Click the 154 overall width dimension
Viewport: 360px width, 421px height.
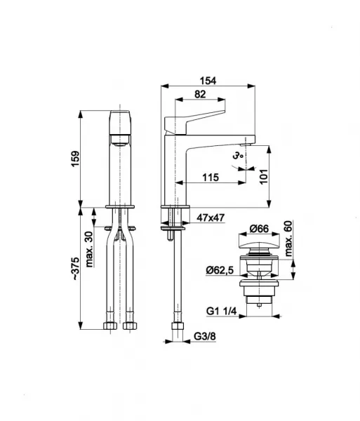coord(208,81)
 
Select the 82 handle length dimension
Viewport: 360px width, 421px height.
coord(200,94)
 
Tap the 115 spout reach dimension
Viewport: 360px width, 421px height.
coord(211,178)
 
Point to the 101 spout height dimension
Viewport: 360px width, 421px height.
coord(264,176)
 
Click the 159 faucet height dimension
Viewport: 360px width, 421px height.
coord(75,159)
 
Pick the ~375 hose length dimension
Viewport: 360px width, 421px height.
coord(75,269)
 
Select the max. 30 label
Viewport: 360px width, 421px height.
coord(89,249)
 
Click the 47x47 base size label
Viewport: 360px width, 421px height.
coord(211,218)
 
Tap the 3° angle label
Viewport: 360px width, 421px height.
coord(238,156)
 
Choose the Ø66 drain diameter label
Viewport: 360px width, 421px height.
coord(259,229)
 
